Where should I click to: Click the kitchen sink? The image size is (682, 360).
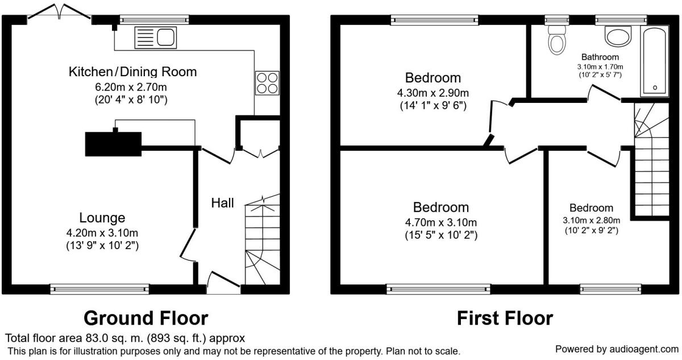156,38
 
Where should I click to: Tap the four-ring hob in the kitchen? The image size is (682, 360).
267,83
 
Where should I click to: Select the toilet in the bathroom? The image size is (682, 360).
557,40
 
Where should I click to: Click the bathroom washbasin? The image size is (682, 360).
618,36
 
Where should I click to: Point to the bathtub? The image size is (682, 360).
655,61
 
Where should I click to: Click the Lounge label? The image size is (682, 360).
102,217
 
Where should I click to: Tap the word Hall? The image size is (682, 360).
223,203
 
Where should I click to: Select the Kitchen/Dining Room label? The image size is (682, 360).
132,72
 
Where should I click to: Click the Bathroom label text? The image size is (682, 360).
600,57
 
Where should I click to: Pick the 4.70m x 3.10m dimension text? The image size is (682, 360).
441,222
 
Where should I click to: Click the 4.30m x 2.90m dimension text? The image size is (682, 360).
433,93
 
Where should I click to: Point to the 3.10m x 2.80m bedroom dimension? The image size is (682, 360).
591,220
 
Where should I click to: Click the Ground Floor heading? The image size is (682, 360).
146,318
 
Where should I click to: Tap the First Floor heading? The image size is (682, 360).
505,318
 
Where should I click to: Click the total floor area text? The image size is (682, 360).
125,338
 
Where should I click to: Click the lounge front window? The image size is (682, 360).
99,289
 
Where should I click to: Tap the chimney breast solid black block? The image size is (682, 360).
113,144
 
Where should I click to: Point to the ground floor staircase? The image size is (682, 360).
263,239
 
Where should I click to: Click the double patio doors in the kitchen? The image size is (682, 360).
59,12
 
